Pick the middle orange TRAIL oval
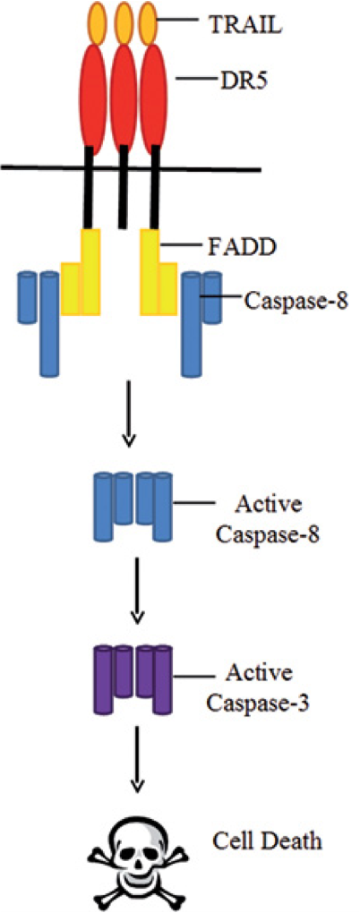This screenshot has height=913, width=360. [124, 22]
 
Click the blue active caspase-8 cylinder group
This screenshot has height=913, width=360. [133, 507]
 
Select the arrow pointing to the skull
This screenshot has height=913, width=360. [136, 762]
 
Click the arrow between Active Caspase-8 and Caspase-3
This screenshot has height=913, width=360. [136, 592]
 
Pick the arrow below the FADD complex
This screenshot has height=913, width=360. [130, 413]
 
